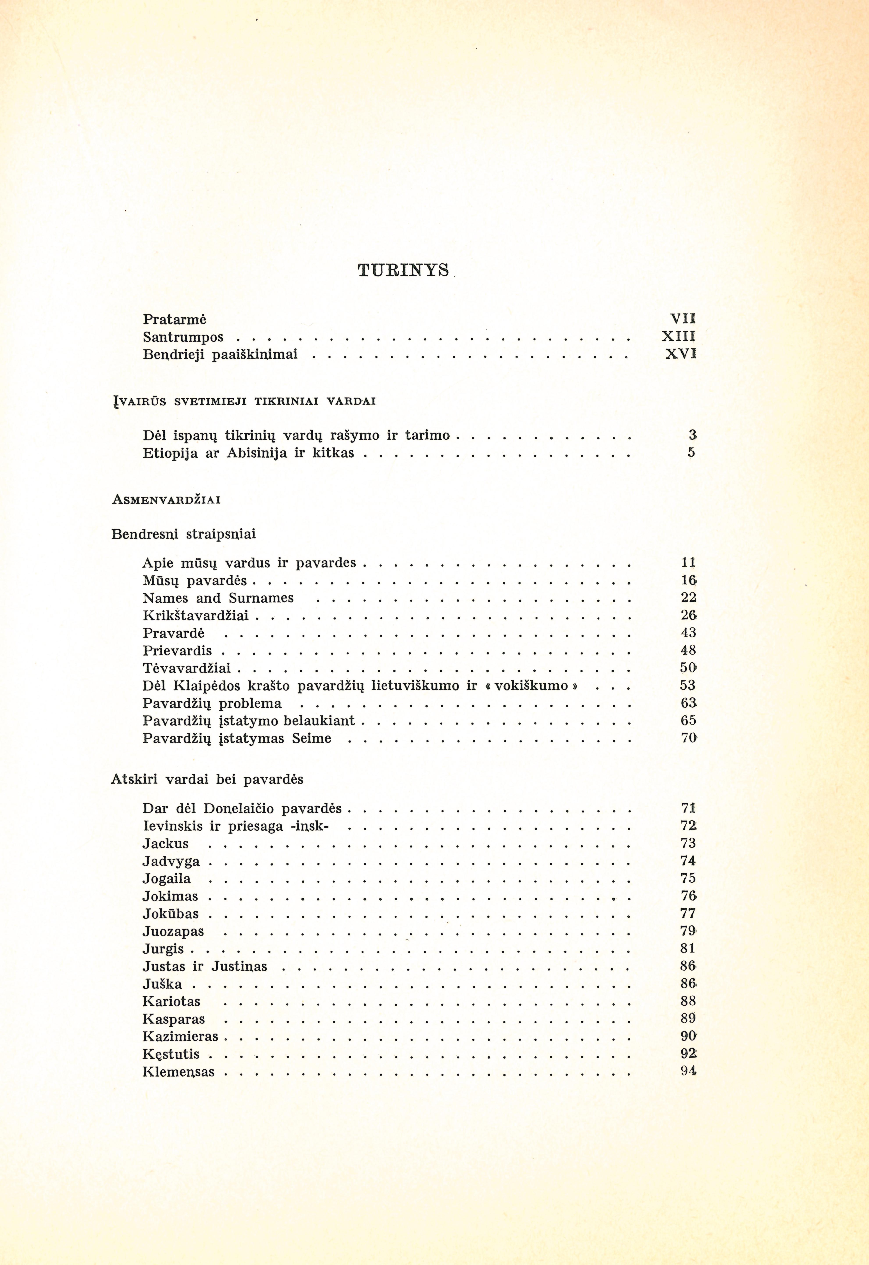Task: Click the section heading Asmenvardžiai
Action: pos(166,500)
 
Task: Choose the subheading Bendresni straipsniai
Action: pos(183,534)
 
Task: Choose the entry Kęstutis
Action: pos(171,1054)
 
